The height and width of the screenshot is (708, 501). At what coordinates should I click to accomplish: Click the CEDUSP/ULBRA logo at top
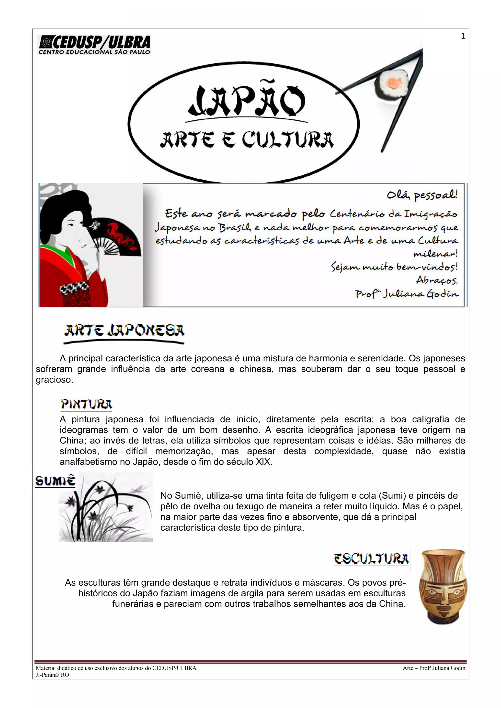pyautogui.click(x=94, y=45)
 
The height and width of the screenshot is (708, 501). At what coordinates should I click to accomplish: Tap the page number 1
pyautogui.click(x=463, y=36)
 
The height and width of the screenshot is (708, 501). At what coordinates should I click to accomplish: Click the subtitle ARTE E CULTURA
pyautogui.click(x=247, y=140)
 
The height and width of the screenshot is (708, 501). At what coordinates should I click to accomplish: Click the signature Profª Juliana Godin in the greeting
pyautogui.click(x=407, y=294)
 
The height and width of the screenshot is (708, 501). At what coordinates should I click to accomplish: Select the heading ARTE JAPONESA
pyautogui.click(x=124, y=331)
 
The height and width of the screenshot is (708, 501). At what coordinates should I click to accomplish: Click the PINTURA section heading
pyautogui.click(x=86, y=404)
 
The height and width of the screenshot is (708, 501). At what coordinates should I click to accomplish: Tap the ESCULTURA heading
pyautogui.click(x=371, y=559)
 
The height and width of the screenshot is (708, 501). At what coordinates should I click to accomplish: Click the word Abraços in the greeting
pyautogui.click(x=436, y=280)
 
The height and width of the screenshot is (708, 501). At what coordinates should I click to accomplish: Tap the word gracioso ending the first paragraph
pyautogui.click(x=54, y=380)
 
